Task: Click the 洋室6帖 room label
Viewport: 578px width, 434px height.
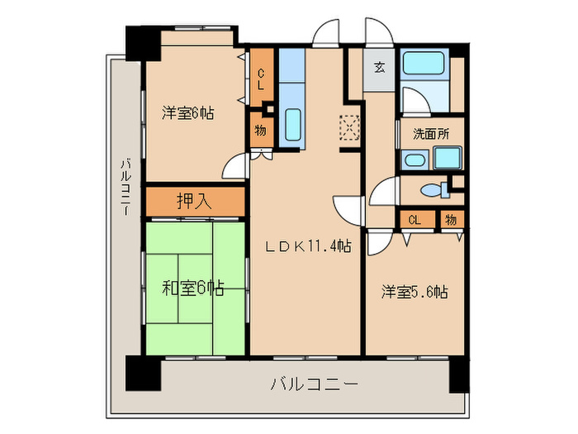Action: [188, 113]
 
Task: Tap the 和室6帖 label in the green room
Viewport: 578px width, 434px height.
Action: [193, 288]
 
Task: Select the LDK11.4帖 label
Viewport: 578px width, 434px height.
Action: [309, 246]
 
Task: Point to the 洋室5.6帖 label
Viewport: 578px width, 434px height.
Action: [415, 292]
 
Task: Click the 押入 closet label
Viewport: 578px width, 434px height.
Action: [194, 202]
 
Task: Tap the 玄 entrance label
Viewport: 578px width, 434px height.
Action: [379, 68]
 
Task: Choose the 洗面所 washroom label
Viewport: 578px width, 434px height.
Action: [431, 134]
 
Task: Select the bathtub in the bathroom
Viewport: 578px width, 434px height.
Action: [423, 63]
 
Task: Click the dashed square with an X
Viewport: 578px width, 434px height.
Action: [349, 127]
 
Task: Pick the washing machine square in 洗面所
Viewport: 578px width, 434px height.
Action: [448, 158]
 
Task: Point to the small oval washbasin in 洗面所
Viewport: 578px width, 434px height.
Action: [415, 160]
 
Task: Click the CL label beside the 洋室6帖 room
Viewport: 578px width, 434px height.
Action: [261, 79]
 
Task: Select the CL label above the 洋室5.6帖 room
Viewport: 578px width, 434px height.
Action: [415, 221]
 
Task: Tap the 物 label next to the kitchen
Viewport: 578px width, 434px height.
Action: [260, 131]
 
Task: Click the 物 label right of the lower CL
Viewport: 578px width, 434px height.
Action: [451, 220]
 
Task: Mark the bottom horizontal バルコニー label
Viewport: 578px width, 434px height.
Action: [315, 384]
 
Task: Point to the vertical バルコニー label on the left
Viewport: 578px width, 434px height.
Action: [126, 187]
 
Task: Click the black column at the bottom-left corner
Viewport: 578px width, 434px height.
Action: [143, 373]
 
